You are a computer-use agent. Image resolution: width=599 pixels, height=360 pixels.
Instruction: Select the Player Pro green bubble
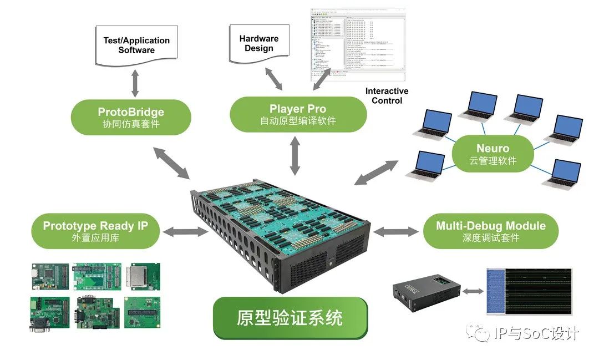(x=298, y=114)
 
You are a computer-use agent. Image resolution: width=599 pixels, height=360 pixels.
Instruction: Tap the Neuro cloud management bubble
(x=493, y=154)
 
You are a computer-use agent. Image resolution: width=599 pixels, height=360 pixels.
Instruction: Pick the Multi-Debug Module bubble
(x=490, y=231)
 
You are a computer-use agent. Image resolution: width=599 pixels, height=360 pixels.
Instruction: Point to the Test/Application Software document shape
(x=136, y=45)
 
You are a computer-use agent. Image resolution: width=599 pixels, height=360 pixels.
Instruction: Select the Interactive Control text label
(x=387, y=95)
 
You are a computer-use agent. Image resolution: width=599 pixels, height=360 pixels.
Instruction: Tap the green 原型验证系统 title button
(x=290, y=318)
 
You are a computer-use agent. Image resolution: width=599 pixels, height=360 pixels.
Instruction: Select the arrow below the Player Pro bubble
(x=295, y=155)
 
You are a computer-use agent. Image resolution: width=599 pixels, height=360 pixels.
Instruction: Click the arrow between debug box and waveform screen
(x=471, y=292)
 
